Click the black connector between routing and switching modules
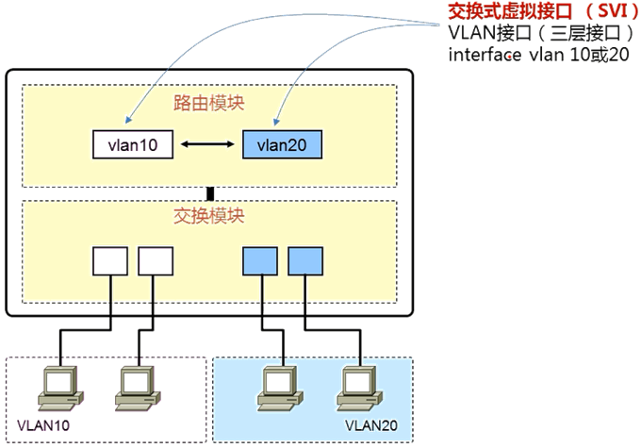pos(210,193)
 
